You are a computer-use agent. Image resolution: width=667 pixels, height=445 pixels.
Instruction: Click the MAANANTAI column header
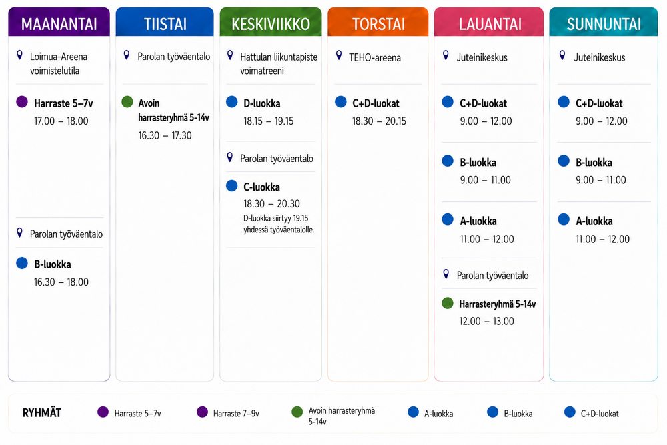pos(59,24)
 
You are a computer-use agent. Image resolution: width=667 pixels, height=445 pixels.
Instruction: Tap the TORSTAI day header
pos(378,24)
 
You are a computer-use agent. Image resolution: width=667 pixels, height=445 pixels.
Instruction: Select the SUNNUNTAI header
pos(604,24)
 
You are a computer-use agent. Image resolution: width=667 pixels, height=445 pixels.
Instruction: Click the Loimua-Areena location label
pos(58,57)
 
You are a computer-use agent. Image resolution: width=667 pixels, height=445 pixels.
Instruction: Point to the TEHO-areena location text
pos(375,57)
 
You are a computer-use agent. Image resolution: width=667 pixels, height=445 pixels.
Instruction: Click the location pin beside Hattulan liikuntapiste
pos(230,55)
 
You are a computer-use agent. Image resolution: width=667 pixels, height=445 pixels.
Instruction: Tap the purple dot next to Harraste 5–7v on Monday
pos(22,102)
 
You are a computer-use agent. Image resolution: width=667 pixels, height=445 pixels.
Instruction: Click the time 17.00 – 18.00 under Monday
pos(61,121)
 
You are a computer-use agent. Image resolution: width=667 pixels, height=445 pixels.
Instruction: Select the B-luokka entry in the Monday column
pos(52,264)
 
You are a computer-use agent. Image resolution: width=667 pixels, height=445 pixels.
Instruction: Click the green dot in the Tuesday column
pos(127,102)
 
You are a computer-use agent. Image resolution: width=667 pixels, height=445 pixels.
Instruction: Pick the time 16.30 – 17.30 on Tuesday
pos(165,135)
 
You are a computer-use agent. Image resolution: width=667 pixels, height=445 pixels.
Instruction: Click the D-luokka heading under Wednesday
pos(262,103)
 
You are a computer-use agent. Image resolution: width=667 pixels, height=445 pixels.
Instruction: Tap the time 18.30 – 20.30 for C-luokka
pos(272,204)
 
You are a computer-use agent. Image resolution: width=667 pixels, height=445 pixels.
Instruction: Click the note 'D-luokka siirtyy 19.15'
pos(276,218)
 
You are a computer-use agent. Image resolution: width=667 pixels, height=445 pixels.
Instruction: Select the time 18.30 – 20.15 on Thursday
pos(379,121)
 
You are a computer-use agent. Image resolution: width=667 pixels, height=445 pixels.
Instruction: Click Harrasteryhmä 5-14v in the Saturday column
pos(498,304)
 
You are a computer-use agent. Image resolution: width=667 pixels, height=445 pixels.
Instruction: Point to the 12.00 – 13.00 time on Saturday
pos(487,321)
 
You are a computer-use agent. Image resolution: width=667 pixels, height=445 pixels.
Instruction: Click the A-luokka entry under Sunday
pos(594,221)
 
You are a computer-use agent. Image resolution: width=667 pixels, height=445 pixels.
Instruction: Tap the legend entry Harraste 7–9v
pos(236,414)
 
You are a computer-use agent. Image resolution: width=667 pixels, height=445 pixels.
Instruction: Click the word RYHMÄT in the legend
pos(41,413)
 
